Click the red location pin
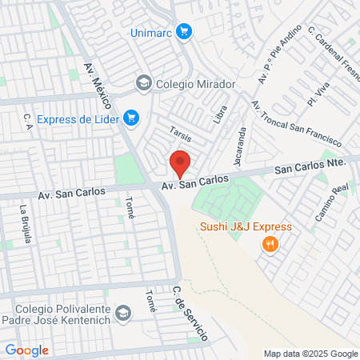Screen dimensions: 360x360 click(180, 164)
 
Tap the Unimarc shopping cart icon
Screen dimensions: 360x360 click(184, 31)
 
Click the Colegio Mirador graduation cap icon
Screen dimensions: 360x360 click(143, 82)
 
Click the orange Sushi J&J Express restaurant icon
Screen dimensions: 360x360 click(270, 245)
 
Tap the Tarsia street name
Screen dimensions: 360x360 click(179, 133)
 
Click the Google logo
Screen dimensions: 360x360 click(26, 350)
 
